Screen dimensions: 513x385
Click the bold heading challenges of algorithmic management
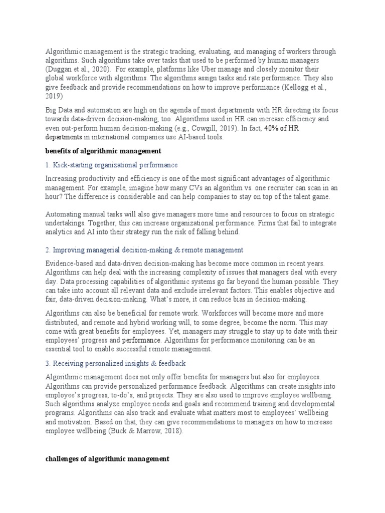point(107,458)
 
